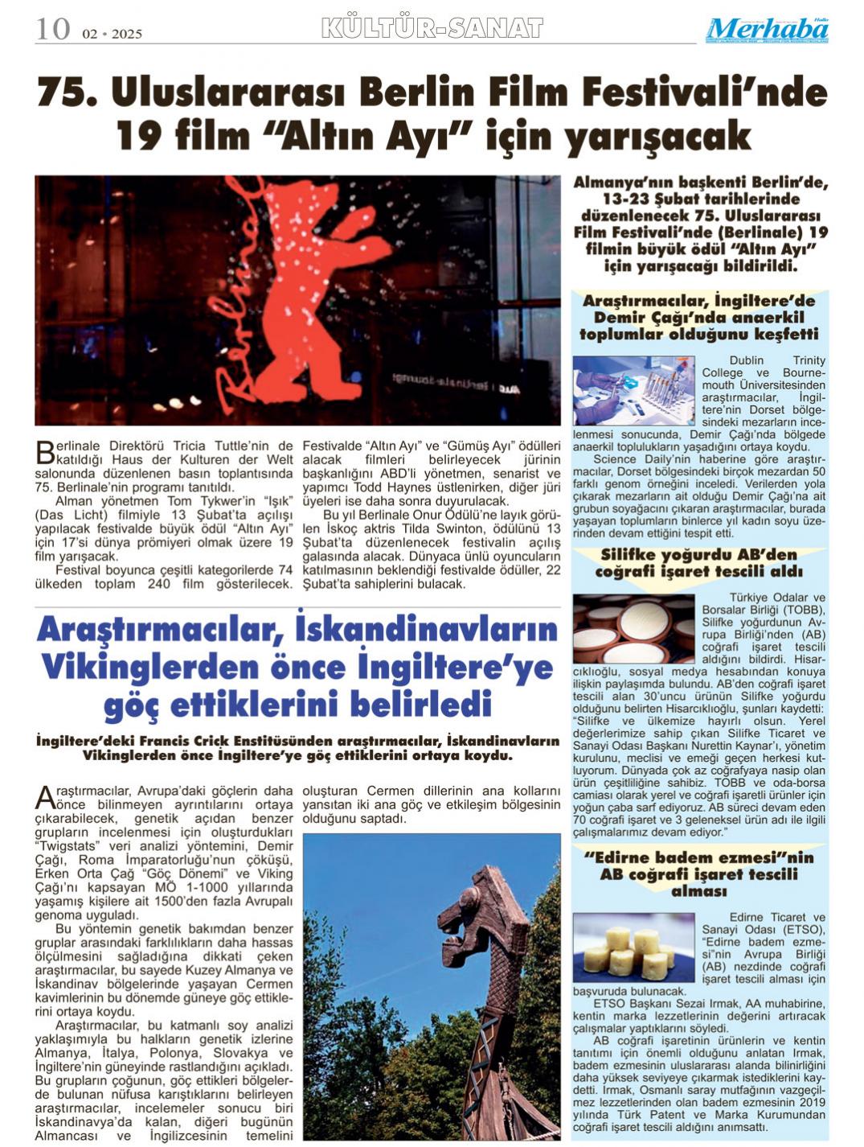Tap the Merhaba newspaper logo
767,30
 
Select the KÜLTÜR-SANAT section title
432,29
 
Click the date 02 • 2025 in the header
112,34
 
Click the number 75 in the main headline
68,93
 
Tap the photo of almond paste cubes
633,948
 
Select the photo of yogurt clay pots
633,628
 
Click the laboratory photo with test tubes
633,392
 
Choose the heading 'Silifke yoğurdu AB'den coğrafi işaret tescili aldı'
698,563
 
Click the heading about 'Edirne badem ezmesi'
698,874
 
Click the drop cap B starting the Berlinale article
45,453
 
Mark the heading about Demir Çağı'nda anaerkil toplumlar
698,317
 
